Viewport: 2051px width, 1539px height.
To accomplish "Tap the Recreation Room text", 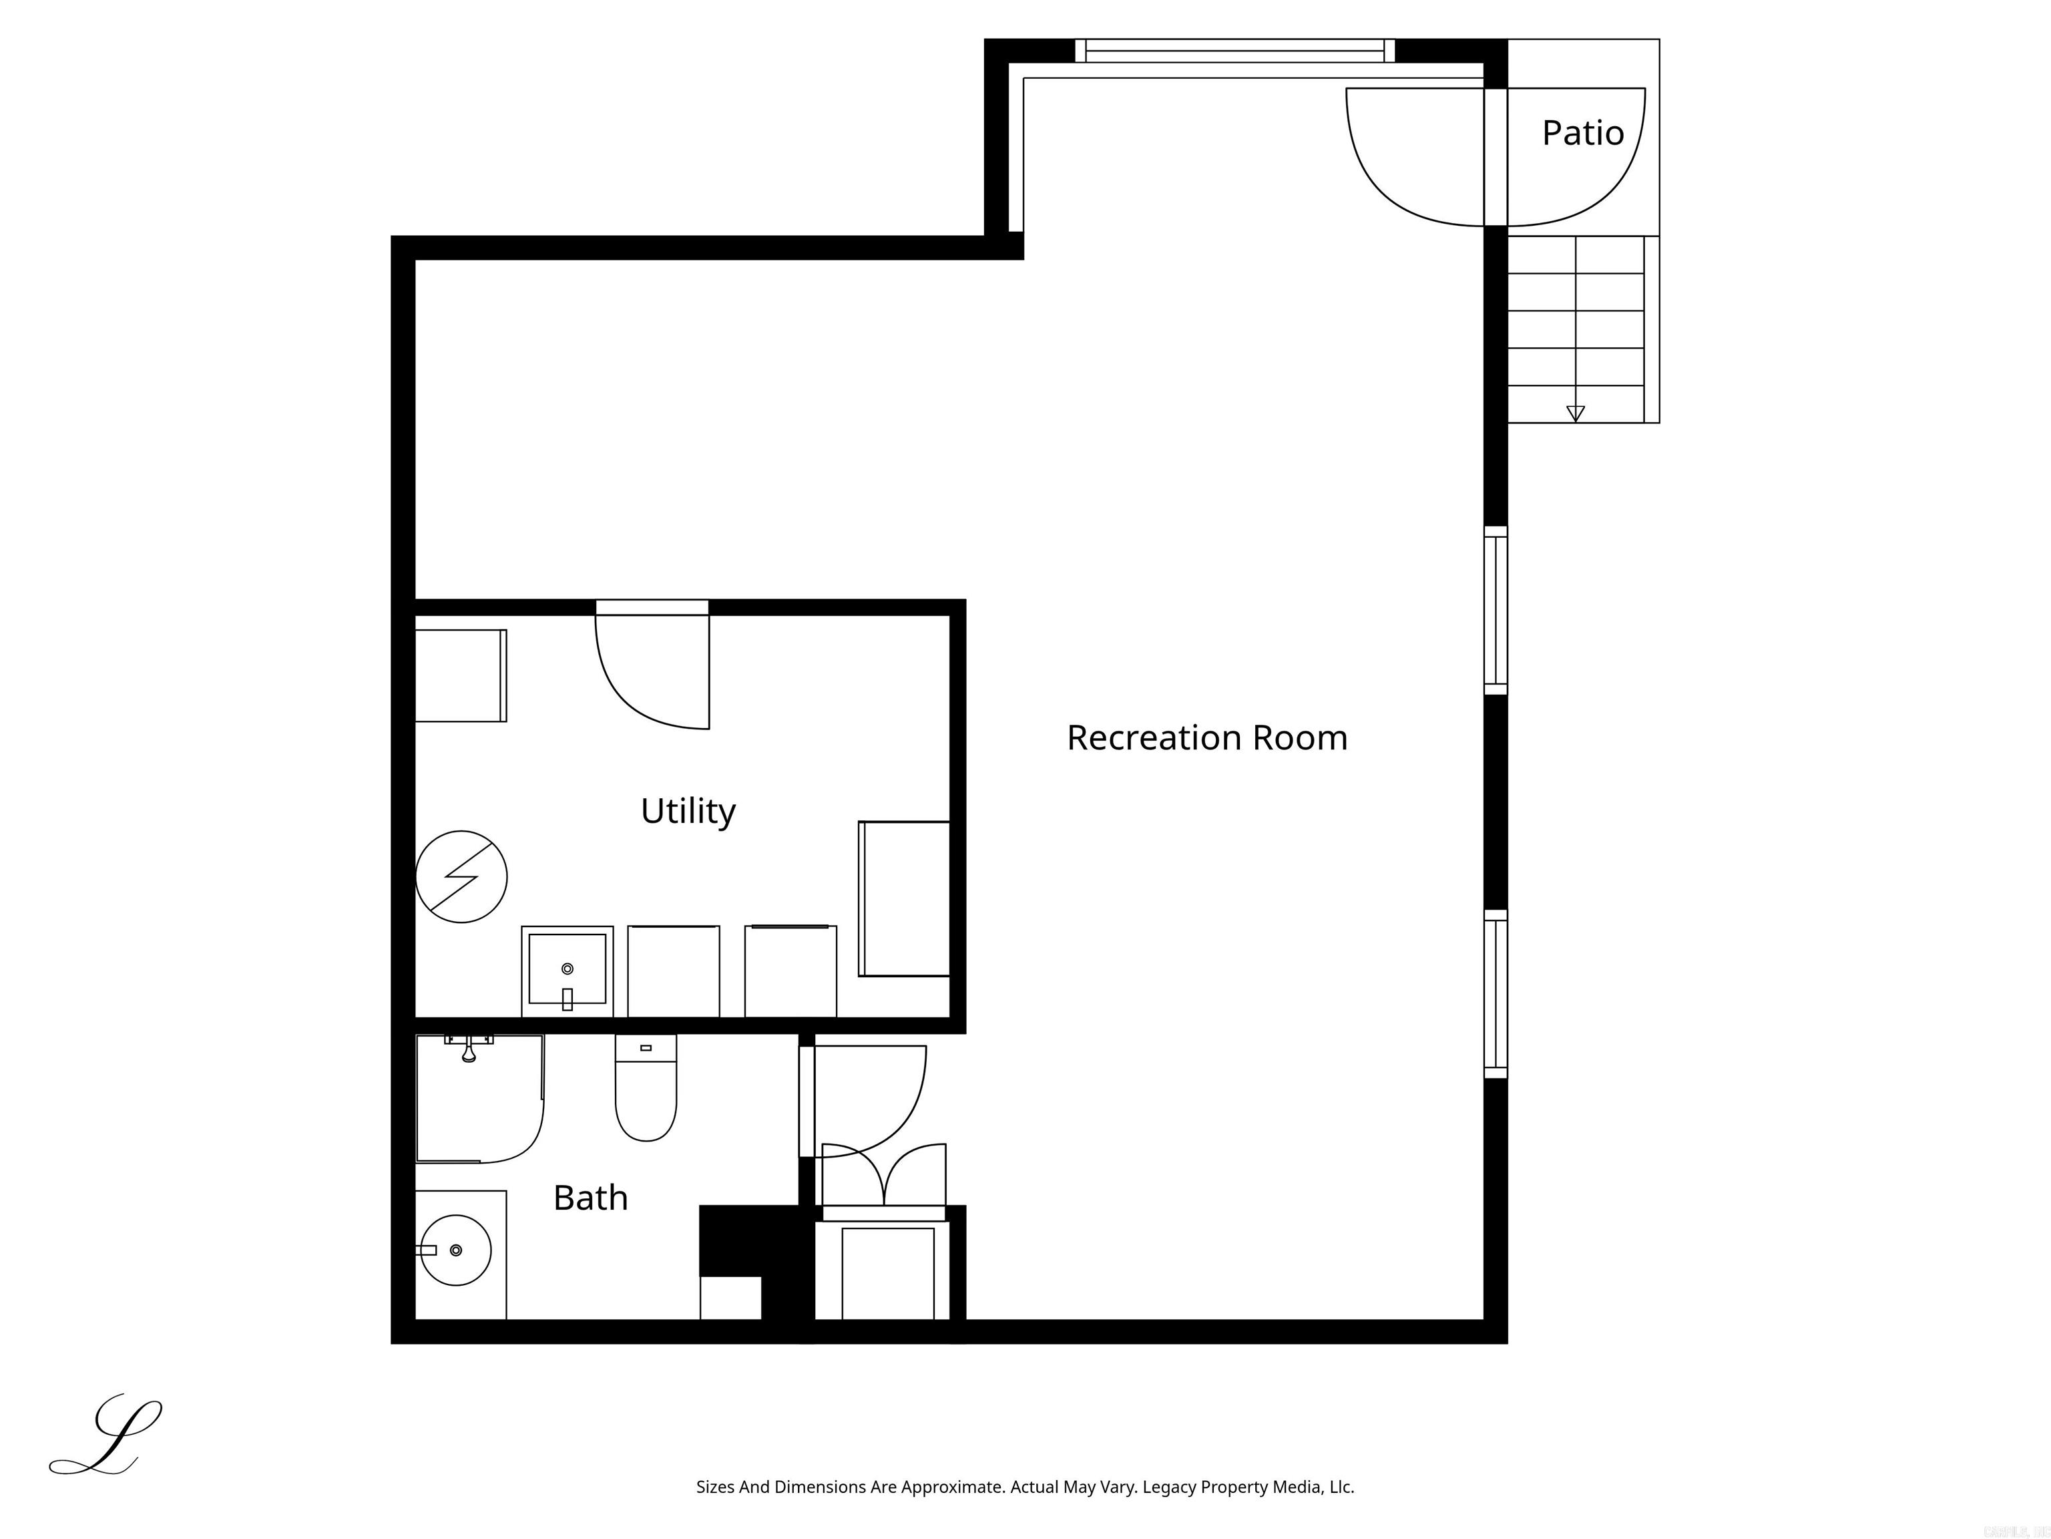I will click(1206, 737).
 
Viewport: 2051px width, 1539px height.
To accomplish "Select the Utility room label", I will click(687, 811).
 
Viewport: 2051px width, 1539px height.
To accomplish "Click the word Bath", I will click(590, 1198).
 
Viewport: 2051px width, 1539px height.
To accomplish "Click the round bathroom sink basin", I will click(455, 1250).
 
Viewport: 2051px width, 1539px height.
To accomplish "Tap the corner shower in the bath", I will click(477, 1099).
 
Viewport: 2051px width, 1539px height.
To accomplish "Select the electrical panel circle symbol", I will click(461, 876).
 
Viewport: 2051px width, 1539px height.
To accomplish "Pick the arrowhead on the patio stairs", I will click(1574, 413).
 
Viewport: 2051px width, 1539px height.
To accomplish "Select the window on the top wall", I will click(1234, 51).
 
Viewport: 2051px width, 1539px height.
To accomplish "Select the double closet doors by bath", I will click(884, 1176).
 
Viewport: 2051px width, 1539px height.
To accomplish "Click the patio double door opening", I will click(1495, 158).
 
